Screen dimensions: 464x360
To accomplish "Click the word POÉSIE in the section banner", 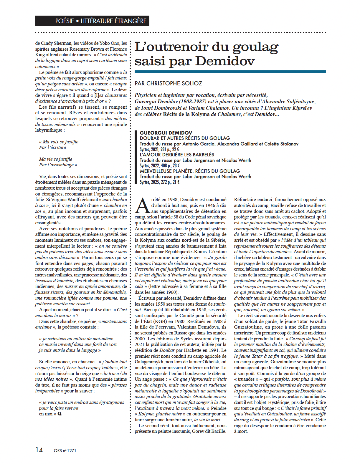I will pyautogui.click(x=65, y=21).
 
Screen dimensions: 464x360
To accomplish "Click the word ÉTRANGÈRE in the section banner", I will pyautogui.click(x=130, y=21).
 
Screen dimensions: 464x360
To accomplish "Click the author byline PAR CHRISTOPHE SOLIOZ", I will pyautogui.click(x=168, y=84).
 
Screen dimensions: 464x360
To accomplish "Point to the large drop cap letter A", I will pyautogui.click(x=143, y=206).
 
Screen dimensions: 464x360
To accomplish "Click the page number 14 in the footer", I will pyautogui.click(x=39, y=450).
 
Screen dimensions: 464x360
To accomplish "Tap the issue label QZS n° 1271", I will pyautogui.click(x=65, y=450).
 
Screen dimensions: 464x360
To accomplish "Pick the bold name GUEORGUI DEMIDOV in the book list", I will pyautogui.click(x=166, y=133).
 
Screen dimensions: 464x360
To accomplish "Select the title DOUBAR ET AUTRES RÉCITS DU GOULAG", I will pyautogui.click(x=185, y=138).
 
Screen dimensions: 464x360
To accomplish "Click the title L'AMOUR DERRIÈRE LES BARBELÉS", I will pyautogui.click(x=177, y=155).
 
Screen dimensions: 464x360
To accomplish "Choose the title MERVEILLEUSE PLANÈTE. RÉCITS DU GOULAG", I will pyautogui.click(x=190, y=171).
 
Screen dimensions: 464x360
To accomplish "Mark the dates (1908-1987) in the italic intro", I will pyautogui.click(x=193, y=102).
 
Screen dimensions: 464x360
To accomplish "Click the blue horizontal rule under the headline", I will pyautogui.click(x=230, y=72).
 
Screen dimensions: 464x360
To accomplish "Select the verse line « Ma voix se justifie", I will pyautogui.click(x=59, y=142).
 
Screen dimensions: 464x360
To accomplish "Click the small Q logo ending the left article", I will pyautogui.click(x=60, y=414).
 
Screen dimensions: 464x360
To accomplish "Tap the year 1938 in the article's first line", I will pyautogui.click(x=171, y=200).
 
